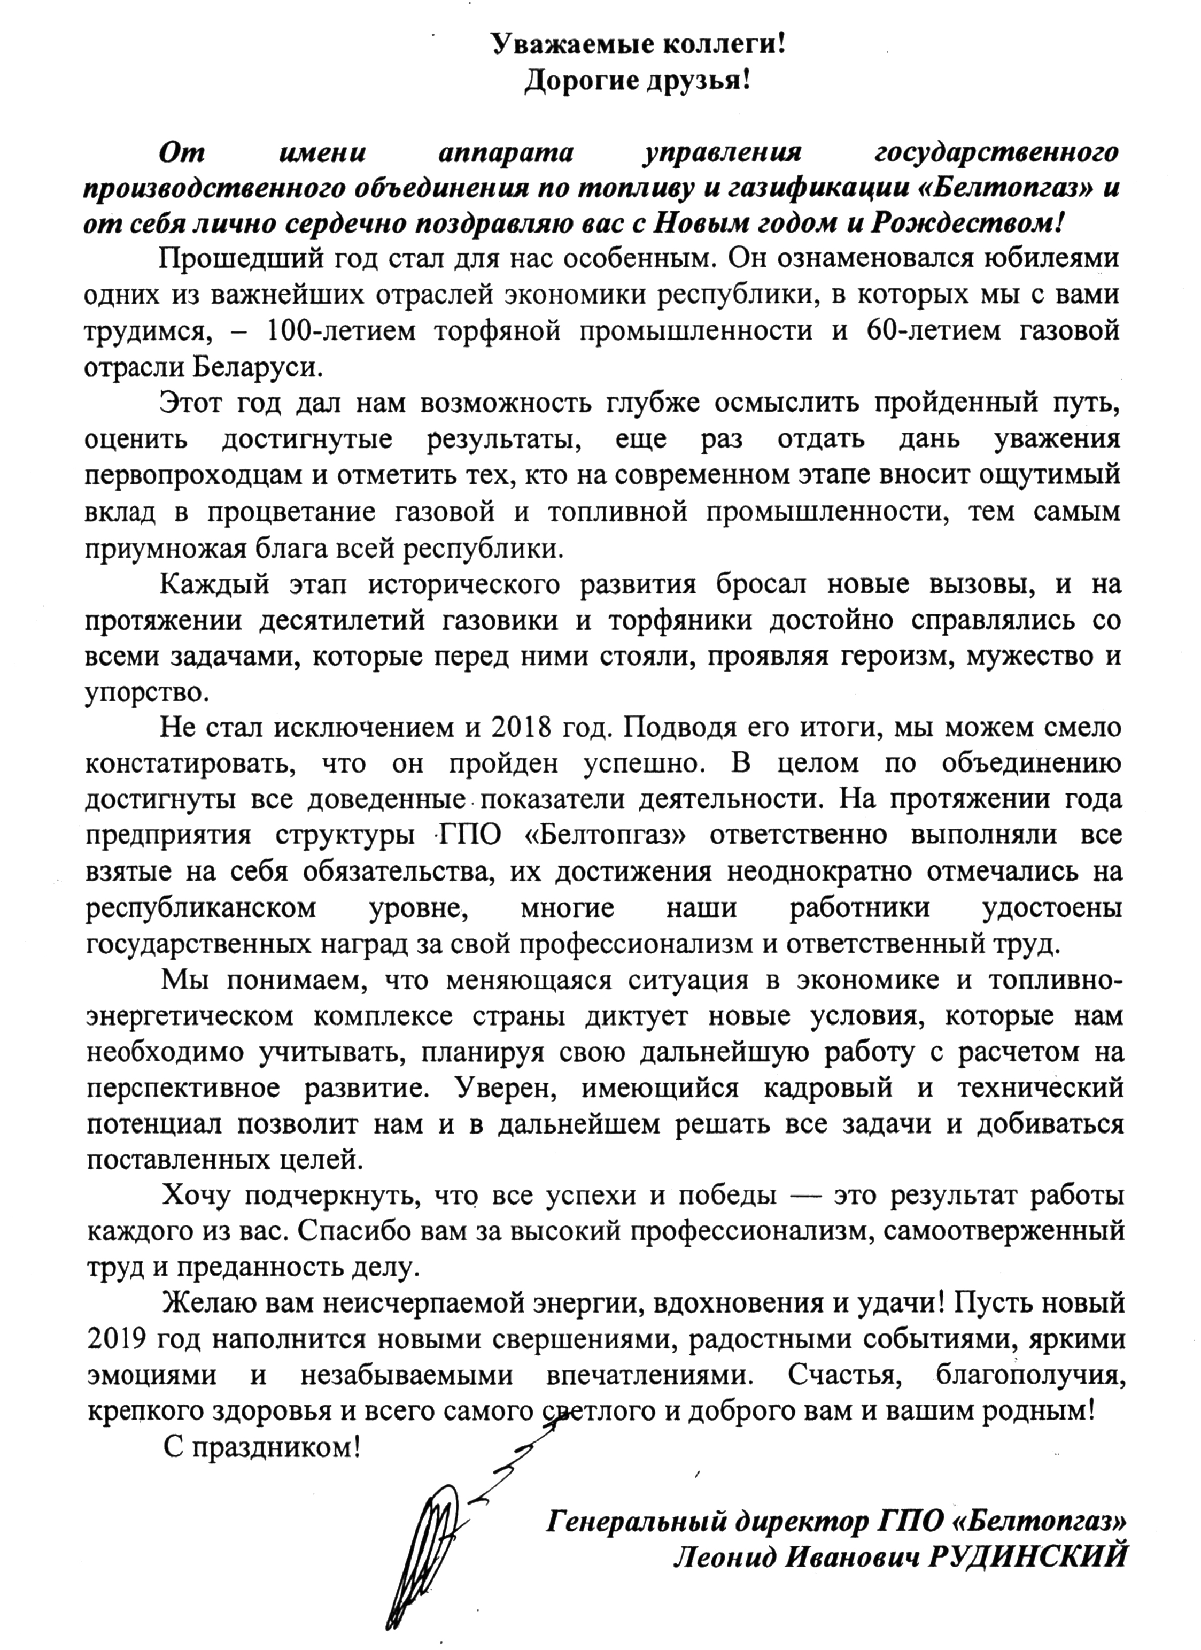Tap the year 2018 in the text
tap(516, 728)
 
